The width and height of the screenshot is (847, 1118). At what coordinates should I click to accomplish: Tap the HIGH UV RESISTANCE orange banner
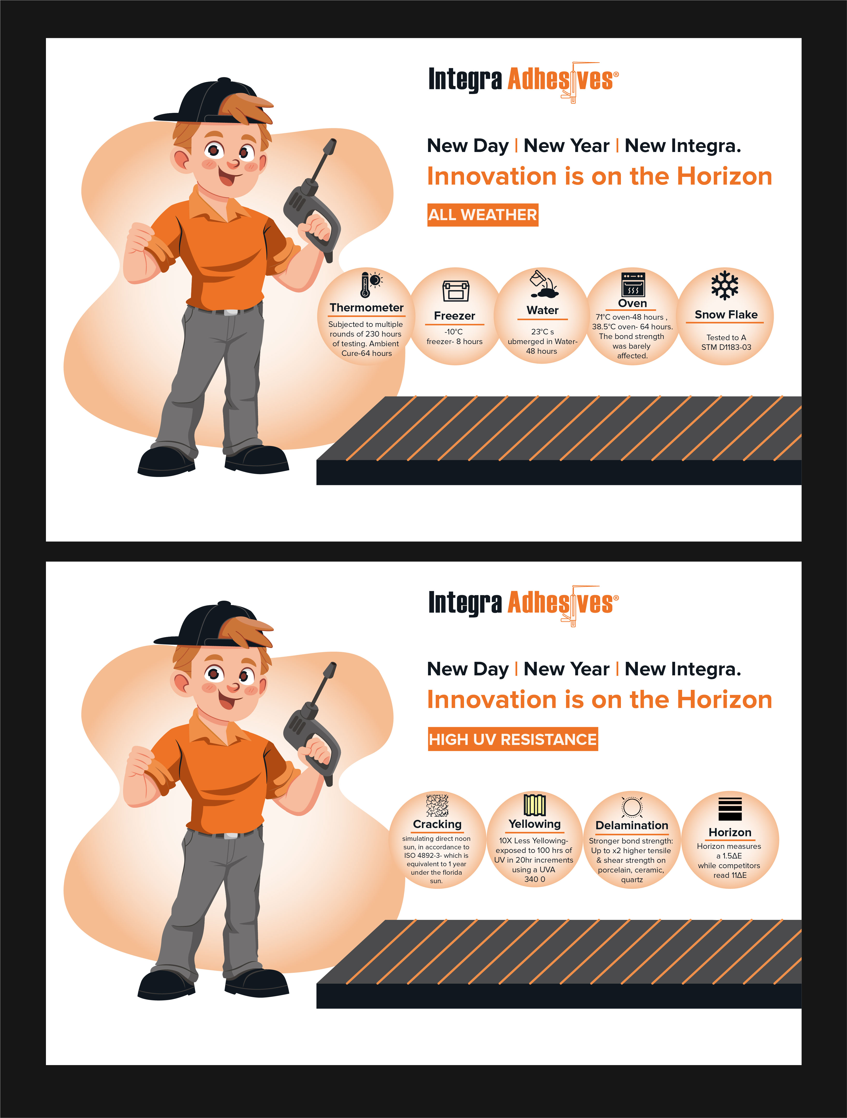pyautogui.click(x=513, y=739)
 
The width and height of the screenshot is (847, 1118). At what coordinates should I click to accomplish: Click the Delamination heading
pyautogui.click(x=632, y=825)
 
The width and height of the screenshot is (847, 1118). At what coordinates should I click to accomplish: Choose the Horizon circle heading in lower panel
pyautogui.click(x=730, y=832)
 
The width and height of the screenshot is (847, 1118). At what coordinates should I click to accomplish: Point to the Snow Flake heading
pyautogui.click(x=726, y=314)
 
